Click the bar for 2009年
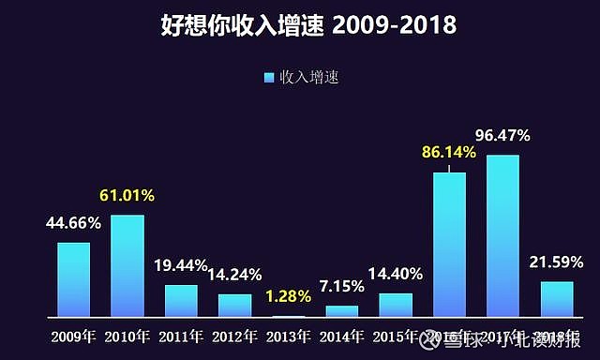(73, 279)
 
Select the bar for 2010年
(127, 266)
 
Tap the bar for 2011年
(181, 301)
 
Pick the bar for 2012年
(235, 306)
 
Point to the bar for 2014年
(342, 311)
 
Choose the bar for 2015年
(396, 306)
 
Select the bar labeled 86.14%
(449, 245)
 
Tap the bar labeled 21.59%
(557, 299)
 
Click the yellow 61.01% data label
(127, 196)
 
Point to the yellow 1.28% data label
(288, 296)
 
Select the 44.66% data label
(73, 223)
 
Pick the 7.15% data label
(342, 285)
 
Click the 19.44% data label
(181, 265)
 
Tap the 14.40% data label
(396, 274)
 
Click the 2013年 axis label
(288, 335)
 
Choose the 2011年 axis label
(181, 335)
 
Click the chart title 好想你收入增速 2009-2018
(300, 25)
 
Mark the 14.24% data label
(235, 275)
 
